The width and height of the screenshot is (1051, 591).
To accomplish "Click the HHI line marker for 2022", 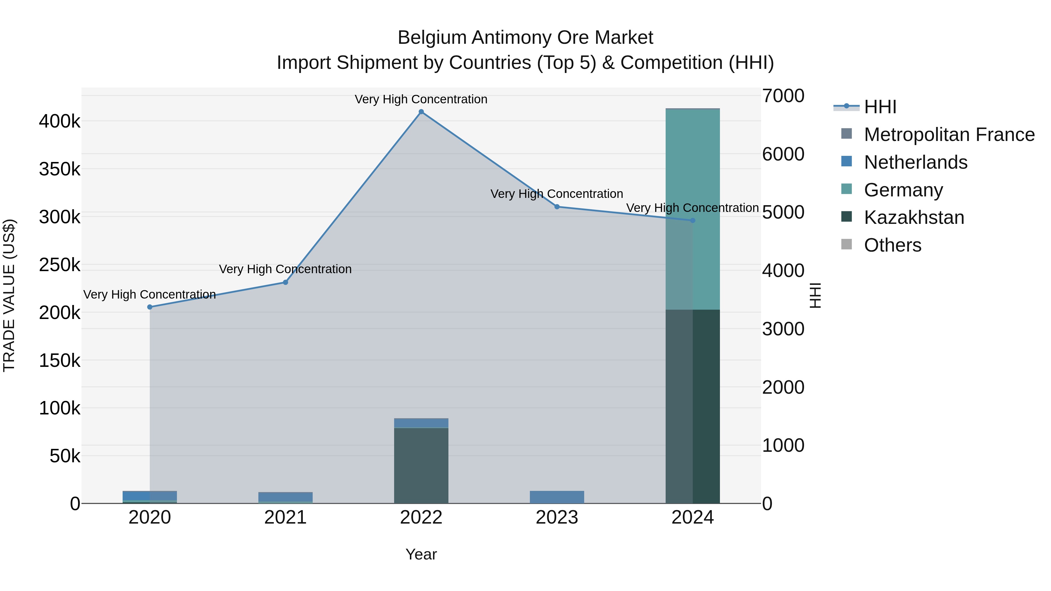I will tap(421, 112).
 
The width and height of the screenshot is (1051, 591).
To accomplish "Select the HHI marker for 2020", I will tap(150, 307).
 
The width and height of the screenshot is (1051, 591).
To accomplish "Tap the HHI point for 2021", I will tap(286, 282).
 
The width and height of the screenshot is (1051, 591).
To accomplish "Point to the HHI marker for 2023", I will tap(557, 207).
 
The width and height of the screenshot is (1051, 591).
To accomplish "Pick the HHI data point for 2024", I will tap(692, 220).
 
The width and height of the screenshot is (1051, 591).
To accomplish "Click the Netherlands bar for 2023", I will tap(557, 497).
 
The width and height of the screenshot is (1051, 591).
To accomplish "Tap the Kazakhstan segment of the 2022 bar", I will tap(421, 465).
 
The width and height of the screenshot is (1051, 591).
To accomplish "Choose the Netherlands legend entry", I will tap(916, 162).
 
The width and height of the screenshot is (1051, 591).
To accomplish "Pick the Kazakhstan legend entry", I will tap(914, 217).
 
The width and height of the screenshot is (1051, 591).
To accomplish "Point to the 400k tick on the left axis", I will tap(60, 121).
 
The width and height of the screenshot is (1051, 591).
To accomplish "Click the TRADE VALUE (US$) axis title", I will tap(9, 295).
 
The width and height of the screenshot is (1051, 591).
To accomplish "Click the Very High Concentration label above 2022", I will tap(421, 100).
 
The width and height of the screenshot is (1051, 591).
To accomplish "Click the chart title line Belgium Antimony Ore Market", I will tap(525, 38).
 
